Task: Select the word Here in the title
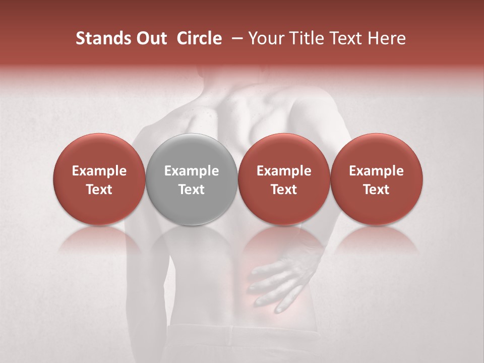pos(387,38)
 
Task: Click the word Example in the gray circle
pos(192,171)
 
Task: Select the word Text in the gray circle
pos(192,190)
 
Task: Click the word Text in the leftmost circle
pos(99,190)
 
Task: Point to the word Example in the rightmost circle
pos(376,171)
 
